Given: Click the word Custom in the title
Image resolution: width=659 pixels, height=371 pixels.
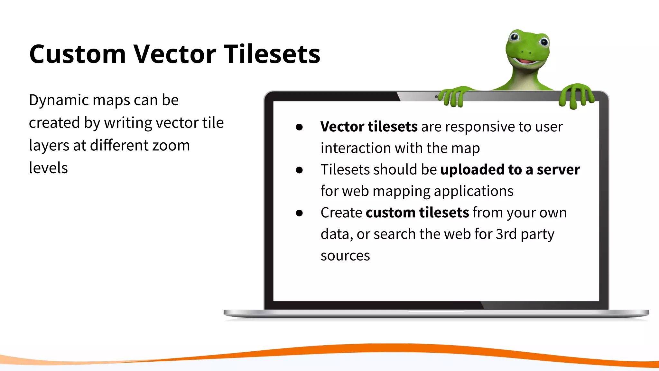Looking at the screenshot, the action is (x=77, y=54).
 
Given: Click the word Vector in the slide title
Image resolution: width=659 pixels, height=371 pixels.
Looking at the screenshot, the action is (x=175, y=54).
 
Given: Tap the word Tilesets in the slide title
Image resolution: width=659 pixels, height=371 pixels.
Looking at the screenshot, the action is (x=272, y=54).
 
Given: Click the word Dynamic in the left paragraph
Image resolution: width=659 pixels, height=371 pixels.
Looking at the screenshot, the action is (x=58, y=100).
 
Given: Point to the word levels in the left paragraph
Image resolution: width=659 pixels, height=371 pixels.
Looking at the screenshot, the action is (x=48, y=168).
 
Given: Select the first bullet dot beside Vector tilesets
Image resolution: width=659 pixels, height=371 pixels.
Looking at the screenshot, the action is (x=299, y=127).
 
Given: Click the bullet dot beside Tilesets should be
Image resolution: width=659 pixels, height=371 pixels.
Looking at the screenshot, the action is (x=299, y=170).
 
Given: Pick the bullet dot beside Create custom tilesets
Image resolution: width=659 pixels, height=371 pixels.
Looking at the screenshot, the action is (x=299, y=213).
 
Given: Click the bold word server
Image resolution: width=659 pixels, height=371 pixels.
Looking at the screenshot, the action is (x=558, y=170).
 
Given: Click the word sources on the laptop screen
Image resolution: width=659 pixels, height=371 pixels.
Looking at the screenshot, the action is (x=345, y=256).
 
